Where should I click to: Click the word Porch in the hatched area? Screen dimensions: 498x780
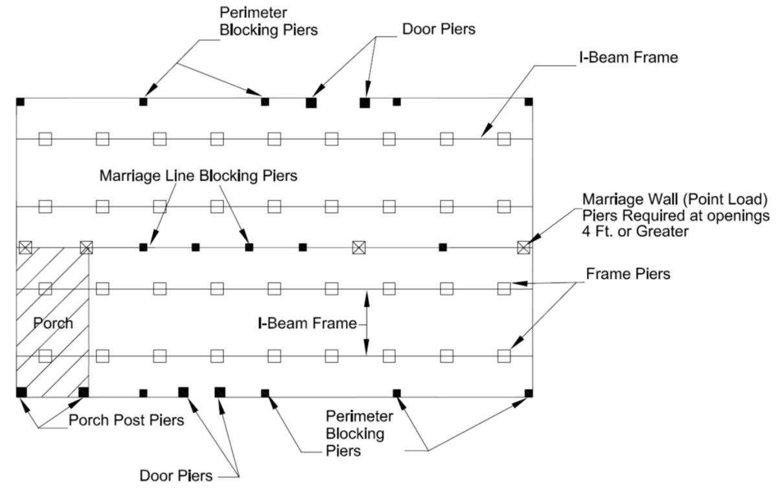53,323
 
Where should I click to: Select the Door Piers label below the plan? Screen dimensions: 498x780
176,476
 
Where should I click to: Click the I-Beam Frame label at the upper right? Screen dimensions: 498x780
628,57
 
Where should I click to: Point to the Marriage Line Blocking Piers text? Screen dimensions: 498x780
198,175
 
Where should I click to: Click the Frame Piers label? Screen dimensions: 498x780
628,274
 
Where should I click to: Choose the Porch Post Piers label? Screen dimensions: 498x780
126,420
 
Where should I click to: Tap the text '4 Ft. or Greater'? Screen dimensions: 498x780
634,231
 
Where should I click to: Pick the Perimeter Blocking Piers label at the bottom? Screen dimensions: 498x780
359,433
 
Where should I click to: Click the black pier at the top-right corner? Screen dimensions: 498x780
529,102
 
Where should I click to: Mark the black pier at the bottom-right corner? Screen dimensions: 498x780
529,393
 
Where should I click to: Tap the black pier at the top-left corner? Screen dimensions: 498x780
20,102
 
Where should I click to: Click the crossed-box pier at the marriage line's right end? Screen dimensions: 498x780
523,247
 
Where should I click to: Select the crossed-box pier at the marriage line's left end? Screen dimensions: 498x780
25,247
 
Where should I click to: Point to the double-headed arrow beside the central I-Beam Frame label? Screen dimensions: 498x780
367,323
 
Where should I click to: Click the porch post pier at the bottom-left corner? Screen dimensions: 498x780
21,392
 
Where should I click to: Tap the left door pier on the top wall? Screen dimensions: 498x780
311,102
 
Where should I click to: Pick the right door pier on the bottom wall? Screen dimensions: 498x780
220,392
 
